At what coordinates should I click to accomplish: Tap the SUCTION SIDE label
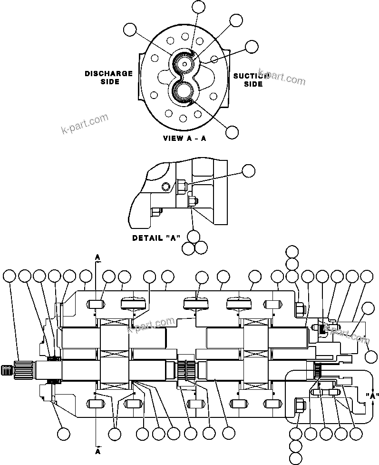pos(252,80)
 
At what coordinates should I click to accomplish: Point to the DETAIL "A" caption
pos(156,237)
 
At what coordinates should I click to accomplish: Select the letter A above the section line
pos(97,257)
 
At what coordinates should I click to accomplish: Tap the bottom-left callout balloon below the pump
pos(63,433)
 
